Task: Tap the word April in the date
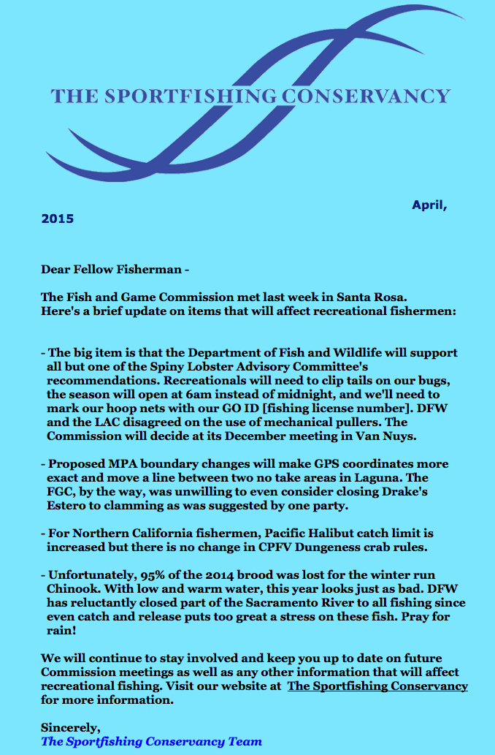[x=428, y=205]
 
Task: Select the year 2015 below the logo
[x=57, y=218]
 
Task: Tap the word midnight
[x=280, y=394]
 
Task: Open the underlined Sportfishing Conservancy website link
[x=377, y=686]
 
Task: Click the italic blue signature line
[x=151, y=741]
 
